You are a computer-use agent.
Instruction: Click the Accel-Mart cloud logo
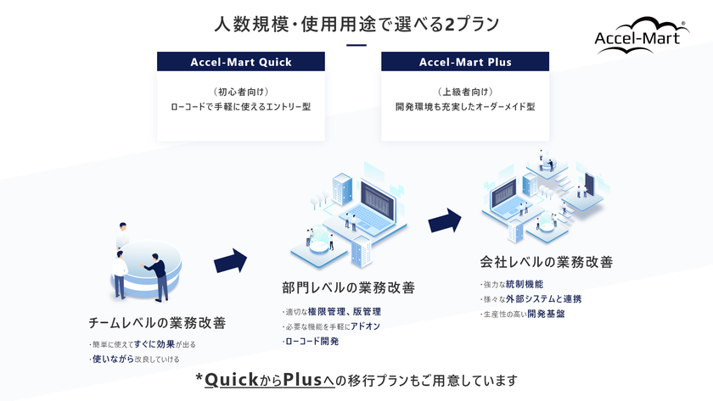(x=642, y=36)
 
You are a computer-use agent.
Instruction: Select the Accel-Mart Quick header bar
(x=241, y=62)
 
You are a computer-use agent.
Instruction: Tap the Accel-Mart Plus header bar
(x=465, y=62)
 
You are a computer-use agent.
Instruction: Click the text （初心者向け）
(x=241, y=92)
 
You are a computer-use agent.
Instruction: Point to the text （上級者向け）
(x=465, y=92)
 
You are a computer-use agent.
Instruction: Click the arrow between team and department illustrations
(x=230, y=260)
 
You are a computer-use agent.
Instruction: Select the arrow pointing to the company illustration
(x=445, y=220)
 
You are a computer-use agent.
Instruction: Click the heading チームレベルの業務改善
(x=157, y=323)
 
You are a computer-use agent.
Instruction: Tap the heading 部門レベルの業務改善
(x=348, y=288)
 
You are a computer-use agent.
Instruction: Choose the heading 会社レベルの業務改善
(x=547, y=262)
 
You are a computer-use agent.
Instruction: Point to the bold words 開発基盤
(x=546, y=314)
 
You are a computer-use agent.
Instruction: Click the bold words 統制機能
(x=525, y=284)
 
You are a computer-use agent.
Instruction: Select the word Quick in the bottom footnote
(x=232, y=380)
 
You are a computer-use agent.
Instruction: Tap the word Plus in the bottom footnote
(x=302, y=380)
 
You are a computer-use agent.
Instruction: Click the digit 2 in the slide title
(x=449, y=25)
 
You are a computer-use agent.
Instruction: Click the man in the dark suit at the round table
(x=157, y=277)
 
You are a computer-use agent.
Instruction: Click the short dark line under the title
(x=356, y=45)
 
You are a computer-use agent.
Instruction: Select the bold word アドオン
(x=365, y=326)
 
